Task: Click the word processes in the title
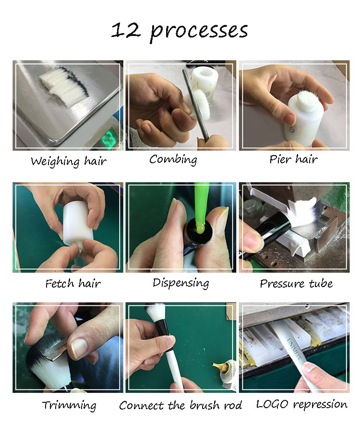[199, 31]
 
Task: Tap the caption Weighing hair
[68, 161]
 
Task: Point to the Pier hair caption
[293, 159]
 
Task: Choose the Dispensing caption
[180, 283]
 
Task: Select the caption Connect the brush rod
[180, 405]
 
